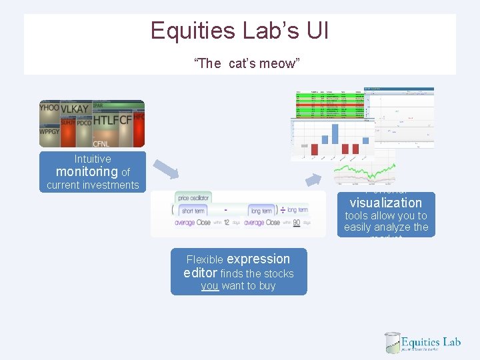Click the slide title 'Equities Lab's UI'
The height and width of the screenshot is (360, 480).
pos(239,31)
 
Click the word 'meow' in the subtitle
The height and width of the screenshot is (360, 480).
pos(284,63)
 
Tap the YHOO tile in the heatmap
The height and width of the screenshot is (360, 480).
pos(49,107)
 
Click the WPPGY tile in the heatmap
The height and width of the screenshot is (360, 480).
pos(50,131)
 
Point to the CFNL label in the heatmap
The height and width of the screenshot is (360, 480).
pos(101,143)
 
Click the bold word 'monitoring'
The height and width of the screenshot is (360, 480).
pos(87,172)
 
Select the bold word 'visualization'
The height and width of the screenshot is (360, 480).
pos(385,203)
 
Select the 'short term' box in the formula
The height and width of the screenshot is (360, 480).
pos(197,211)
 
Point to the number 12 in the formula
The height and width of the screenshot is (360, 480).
pos(227,223)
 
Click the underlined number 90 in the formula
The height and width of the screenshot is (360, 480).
pos(296,223)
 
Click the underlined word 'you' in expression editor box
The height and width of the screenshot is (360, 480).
pos(209,286)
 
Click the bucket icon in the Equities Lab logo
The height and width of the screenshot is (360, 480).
pos(393,343)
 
